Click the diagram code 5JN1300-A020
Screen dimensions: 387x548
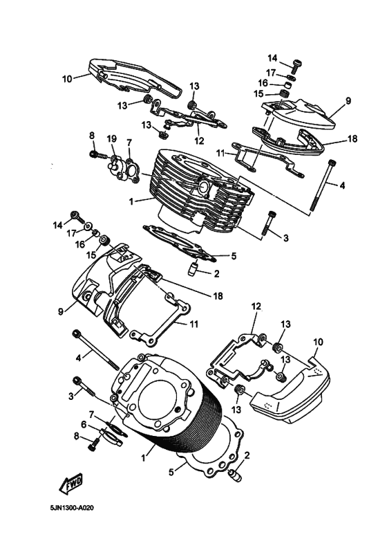(x=72, y=508)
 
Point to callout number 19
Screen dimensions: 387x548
(x=112, y=140)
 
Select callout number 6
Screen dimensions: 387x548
(x=84, y=424)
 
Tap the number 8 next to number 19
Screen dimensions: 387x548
(x=92, y=135)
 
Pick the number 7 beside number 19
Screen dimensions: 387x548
(x=129, y=143)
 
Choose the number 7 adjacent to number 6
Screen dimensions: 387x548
(x=91, y=415)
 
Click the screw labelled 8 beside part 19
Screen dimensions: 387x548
(x=98, y=154)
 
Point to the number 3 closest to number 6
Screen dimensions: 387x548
(x=71, y=396)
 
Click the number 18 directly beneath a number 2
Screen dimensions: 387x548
(x=218, y=296)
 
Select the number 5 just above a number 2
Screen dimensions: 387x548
(x=234, y=256)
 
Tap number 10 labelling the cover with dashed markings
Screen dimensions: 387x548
(x=319, y=342)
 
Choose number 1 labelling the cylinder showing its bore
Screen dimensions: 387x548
(x=143, y=457)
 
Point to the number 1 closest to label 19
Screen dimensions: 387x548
(x=131, y=201)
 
